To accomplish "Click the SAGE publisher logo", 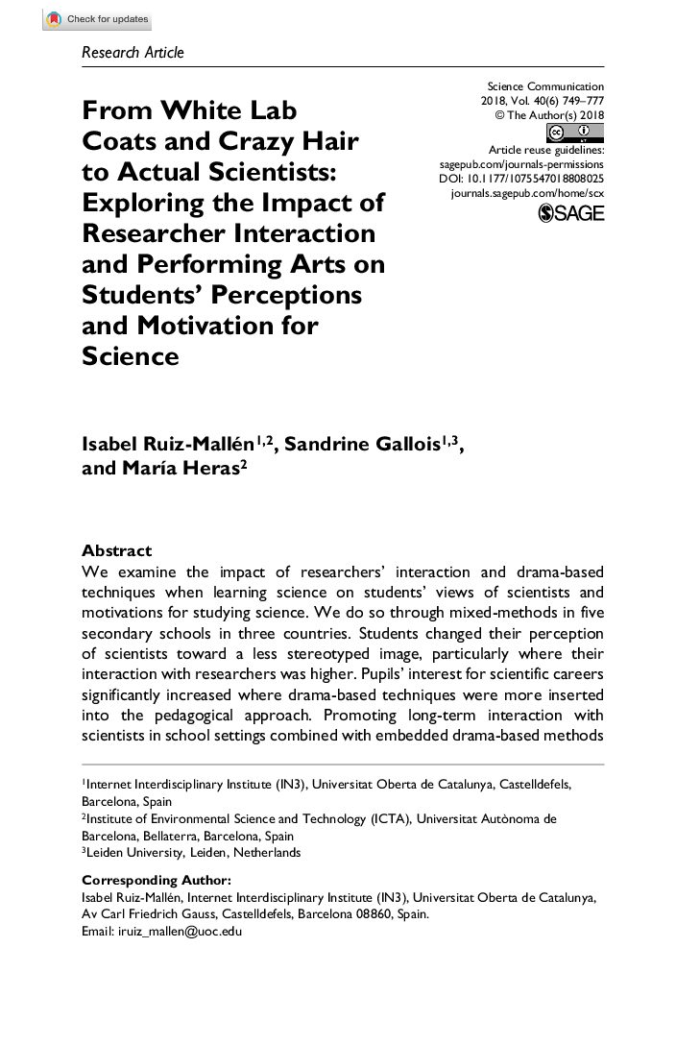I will tap(572, 212).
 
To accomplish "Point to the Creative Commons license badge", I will tap(567, 133).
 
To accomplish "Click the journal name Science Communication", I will tap(545, 86).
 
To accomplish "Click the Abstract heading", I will tap(117, 550).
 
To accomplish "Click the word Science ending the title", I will tap(131, 356).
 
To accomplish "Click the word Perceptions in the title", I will tap(301, 294).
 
